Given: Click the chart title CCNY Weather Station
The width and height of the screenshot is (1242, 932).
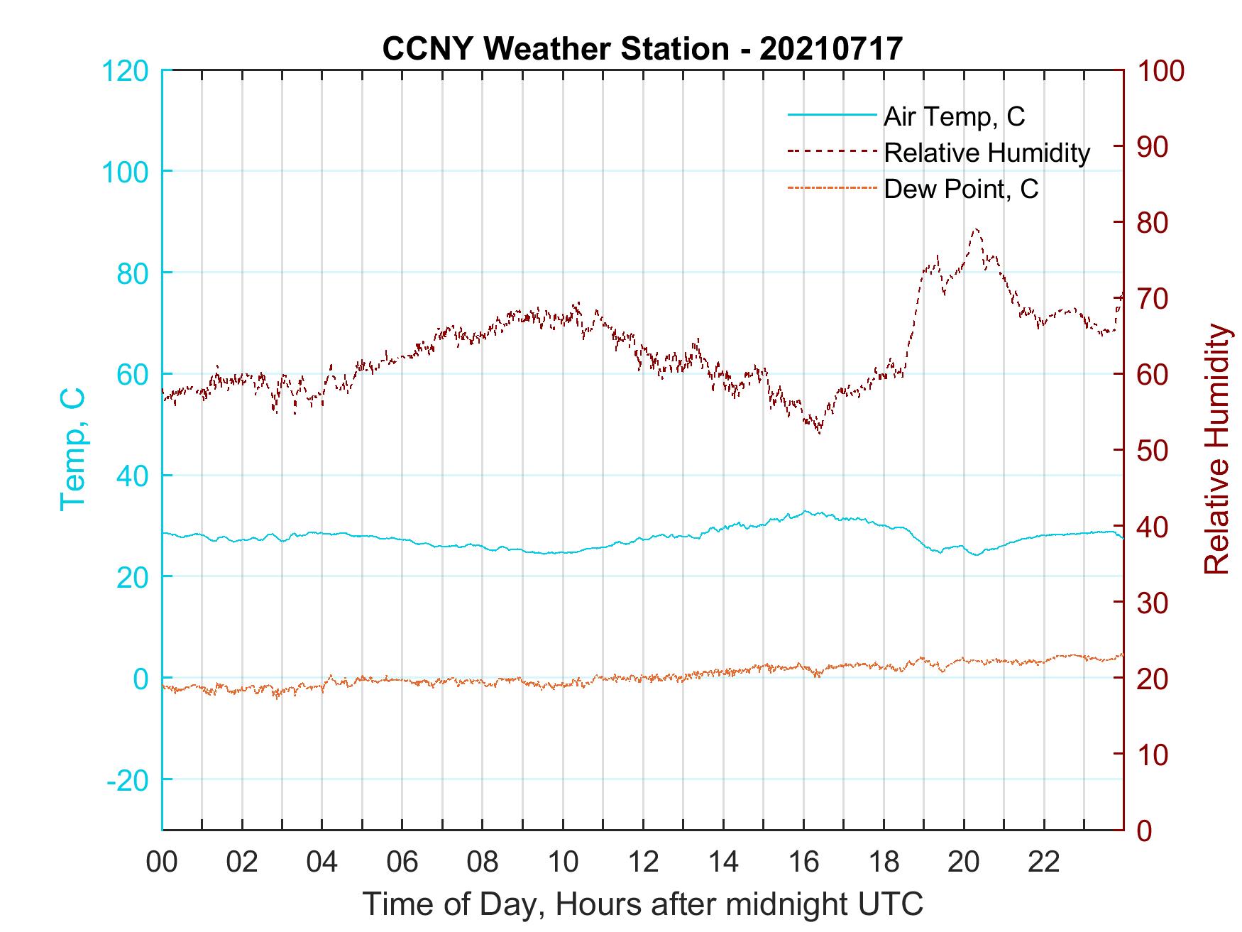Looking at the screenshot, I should click(642, 48).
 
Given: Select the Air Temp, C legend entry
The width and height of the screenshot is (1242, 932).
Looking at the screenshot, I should click(954, 116).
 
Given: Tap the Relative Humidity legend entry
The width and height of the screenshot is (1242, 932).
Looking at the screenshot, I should click(987, 153).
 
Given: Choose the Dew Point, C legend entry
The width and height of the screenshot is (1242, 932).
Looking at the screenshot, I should click(961, 190).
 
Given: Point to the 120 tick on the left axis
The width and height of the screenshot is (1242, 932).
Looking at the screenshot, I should click(126, 71).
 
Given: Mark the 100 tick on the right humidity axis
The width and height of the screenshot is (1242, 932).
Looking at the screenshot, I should click(1161, 71).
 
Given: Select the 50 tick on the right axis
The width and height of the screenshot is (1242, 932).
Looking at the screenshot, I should click(1153, 451).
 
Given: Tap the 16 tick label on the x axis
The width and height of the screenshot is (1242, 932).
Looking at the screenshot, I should click(803, 862).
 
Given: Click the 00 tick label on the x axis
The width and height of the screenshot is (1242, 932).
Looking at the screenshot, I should click(162, 862).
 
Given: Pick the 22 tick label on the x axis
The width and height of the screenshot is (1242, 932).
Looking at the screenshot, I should click(1044, 862).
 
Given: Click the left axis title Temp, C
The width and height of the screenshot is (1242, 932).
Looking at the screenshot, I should click(72, 449).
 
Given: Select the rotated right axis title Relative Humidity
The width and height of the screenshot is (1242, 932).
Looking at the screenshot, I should click(1216, 449).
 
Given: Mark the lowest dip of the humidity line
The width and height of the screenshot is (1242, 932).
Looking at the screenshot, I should click(820, 432).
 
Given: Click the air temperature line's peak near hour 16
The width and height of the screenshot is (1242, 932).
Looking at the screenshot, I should click(805, 511).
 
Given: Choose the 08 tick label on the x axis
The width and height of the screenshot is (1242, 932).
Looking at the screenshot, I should click(483, 862).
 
